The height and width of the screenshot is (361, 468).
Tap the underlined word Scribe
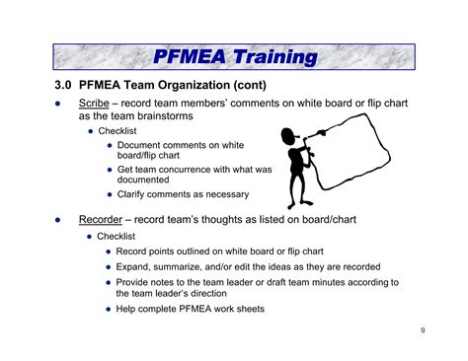pyautogui.click(x=95, y=103)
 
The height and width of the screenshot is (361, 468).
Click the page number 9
pyautogui.click(x=423, y=329)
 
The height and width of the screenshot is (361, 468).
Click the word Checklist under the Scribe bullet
pyautogui.click(x=117, y=130)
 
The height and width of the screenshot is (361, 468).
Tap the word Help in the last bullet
pyautogui.click(x=127, y=309)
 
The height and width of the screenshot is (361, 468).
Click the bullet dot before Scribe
pyautogui.click(x=57, y=104)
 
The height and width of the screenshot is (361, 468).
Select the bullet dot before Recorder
pyautogui.click(x=57, y=221)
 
